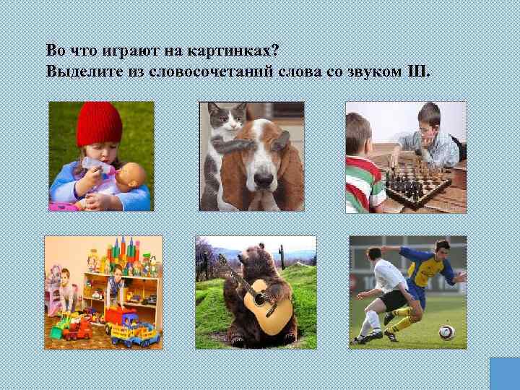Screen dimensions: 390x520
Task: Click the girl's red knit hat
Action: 99,122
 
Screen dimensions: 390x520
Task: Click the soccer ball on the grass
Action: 446,331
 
